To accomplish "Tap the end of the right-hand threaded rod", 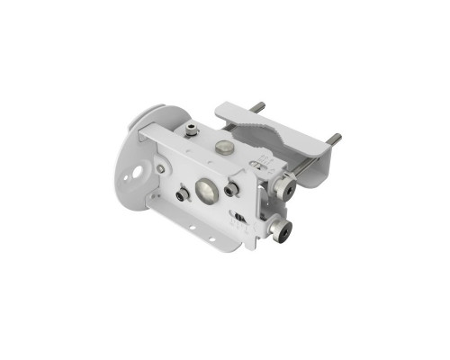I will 335,139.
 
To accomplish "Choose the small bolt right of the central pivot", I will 231,189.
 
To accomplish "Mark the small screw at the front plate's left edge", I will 159,167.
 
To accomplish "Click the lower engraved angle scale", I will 236,217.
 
